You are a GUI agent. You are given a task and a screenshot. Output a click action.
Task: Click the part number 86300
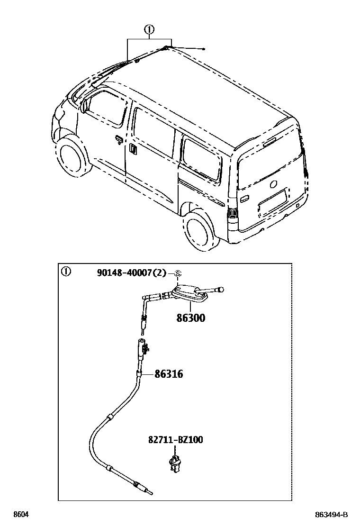191,318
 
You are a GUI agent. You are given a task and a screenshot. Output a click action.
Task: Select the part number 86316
169,374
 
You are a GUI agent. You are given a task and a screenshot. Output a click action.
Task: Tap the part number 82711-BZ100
175,440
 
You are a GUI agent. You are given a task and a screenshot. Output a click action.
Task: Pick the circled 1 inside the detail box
66,272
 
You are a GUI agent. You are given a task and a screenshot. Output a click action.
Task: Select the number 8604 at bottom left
20,515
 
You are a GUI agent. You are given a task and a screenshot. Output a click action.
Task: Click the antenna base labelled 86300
189,294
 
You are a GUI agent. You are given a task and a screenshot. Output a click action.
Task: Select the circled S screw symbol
178,273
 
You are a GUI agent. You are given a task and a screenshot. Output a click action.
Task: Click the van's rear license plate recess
272,203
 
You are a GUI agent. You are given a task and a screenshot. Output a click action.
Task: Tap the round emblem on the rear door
273,184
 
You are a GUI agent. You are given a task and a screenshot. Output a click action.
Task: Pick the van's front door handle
118,138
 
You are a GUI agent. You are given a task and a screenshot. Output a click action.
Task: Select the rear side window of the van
202,156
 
